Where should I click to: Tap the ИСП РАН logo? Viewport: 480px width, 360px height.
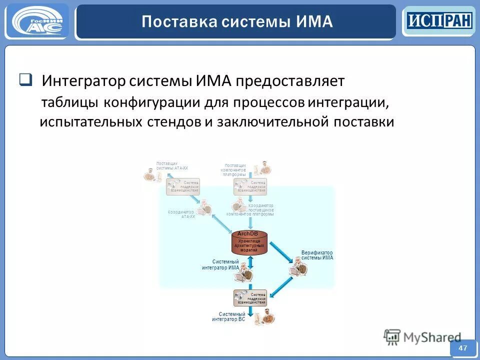click(438, 21)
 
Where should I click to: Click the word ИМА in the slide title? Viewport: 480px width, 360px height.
click(313, 21)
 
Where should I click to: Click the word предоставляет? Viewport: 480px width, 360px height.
click(290, 81)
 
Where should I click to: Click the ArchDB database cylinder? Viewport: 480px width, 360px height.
click(250, 242)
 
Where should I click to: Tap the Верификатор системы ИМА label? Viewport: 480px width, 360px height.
click(317, 255)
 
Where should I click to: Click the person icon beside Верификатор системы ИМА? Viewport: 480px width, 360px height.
click(299, 269)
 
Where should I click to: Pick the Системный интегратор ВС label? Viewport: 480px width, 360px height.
click(229, 316)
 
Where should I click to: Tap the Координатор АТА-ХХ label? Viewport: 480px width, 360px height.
click(181, 214)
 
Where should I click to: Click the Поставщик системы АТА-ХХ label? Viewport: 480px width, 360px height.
click(171, 165)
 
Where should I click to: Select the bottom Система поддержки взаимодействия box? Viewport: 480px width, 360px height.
click(250, 298)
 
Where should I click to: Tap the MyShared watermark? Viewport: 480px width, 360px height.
click(422, 337)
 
